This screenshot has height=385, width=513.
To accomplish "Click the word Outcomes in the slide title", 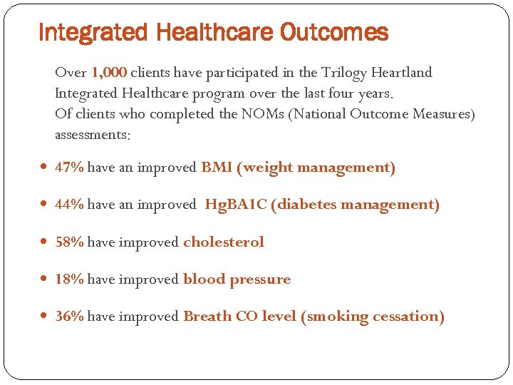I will coord(334,33).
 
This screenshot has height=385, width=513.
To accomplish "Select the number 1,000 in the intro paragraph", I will coord(110,73).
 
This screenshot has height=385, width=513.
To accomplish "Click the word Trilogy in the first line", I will coord(344,73).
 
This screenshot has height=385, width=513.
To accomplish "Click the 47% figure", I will coord(70,168).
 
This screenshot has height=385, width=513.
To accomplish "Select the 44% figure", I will coord(70,205).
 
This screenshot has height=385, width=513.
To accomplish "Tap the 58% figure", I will coord(70,242).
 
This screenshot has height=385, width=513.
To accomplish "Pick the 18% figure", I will coord(70,279).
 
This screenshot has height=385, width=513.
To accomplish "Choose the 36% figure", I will coord(70,317).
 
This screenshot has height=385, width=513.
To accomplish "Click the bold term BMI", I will coord(216,168).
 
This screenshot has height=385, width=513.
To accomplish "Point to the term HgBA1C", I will coord(236,205).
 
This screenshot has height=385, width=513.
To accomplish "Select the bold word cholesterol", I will coord(224,242).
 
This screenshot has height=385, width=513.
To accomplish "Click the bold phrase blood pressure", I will coord(237,279).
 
